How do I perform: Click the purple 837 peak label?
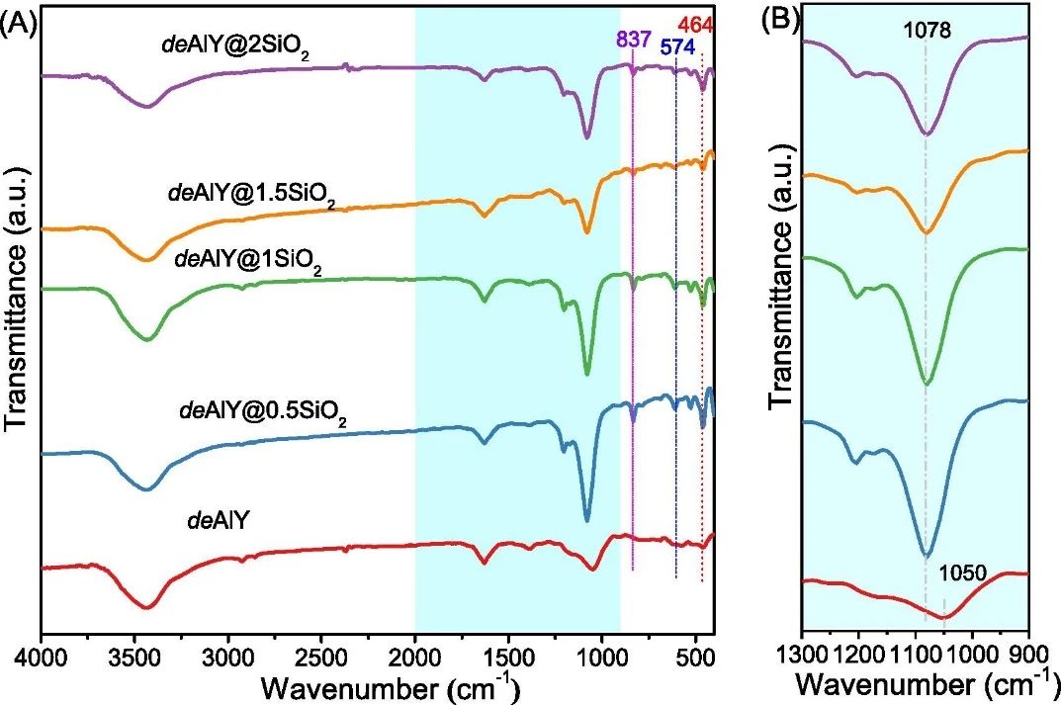[x=634, y=40]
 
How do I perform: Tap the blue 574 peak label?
[x=677, y=46]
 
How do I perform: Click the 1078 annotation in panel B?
[x=927, y=31]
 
